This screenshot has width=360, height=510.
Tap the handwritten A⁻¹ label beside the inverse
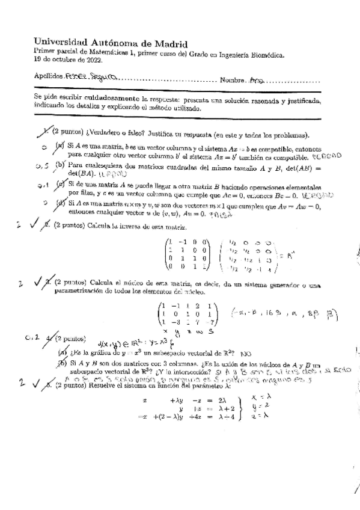click(x=290, y=255)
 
